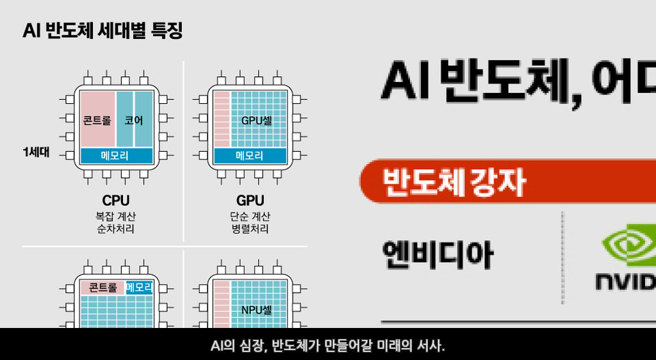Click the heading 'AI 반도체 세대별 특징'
(x=102, y=31)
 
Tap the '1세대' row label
(x=36, y=152)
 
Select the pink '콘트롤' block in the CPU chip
(x=97, y=120)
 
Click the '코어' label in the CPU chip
(x=134, y=120)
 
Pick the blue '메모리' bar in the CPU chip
(x=116, y=156)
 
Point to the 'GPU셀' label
(x=256, y=120)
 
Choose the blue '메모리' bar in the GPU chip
(x=250, y=156)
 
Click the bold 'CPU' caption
(x=116, y=200)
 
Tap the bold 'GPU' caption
(x=250, y=200)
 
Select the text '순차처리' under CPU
(x=116, y=229)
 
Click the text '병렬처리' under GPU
(x=250, y=229)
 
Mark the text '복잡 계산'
(x=116, y=216)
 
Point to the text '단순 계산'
(x=250, y=216)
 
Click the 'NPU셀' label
(x=256, y=311)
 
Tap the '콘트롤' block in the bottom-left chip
(x=102, y=287)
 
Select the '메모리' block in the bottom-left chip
(x=140, y=287)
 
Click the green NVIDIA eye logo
(x=628, y=247)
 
